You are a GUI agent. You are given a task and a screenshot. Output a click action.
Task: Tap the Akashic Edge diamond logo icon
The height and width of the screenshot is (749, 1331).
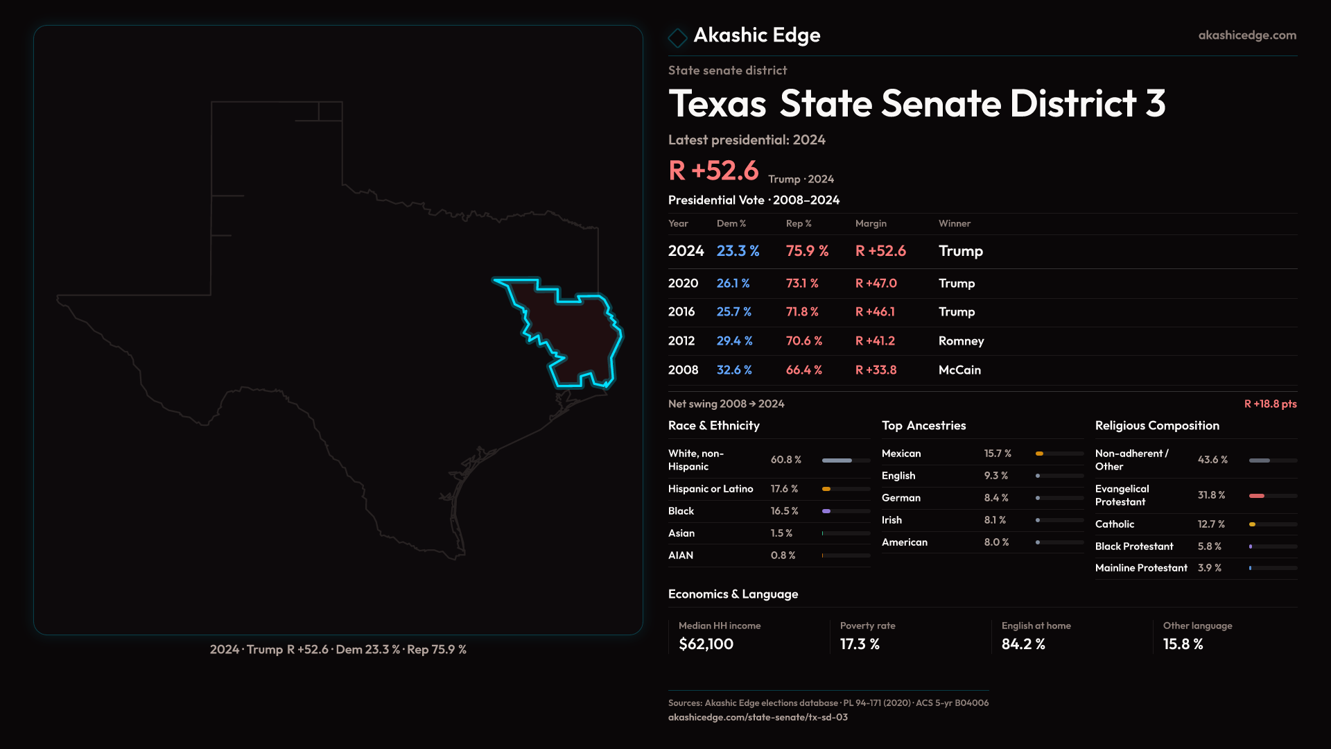[677, 37]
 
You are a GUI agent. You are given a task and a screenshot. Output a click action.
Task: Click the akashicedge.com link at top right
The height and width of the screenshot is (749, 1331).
[1247, 35]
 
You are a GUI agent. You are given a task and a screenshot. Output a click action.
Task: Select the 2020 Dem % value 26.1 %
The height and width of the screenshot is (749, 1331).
[733, 284]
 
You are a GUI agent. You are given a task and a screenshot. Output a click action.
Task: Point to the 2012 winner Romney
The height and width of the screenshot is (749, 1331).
[961, 341]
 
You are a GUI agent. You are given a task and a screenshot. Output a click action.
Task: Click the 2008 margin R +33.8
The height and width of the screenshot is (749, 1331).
[876, 370]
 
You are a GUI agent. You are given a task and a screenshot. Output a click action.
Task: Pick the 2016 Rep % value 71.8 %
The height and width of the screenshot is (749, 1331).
[802, 312]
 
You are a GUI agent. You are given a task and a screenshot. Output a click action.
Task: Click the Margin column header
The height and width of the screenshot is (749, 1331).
[871, 223]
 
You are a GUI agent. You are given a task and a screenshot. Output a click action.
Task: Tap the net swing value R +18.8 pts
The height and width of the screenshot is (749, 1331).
[1270, 404]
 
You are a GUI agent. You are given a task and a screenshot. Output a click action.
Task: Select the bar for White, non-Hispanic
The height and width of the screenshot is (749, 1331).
[846, 460]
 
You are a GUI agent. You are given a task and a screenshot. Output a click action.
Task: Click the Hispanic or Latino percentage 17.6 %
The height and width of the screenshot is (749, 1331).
[784, 489]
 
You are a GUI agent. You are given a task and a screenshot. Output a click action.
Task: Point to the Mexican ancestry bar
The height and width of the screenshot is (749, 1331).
[1059, 454]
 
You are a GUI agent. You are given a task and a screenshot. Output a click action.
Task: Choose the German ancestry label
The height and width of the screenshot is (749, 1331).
[901, 498]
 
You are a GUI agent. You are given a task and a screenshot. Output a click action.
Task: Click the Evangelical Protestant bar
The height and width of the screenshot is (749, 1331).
[1272, 496]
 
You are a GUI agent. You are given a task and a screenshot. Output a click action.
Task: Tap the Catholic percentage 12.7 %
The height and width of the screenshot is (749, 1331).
[1211, 524]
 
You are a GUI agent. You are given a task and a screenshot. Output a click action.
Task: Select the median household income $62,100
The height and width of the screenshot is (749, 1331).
[706, 644]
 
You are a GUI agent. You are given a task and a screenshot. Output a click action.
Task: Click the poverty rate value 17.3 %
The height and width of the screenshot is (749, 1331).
[860, 644]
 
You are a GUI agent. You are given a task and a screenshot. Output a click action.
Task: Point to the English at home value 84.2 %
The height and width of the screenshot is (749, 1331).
[1023, 644]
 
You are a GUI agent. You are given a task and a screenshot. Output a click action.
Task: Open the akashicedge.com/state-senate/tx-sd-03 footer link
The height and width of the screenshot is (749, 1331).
[758, 717]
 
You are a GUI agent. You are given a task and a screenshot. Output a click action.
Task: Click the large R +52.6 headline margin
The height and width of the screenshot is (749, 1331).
[713, 171]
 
